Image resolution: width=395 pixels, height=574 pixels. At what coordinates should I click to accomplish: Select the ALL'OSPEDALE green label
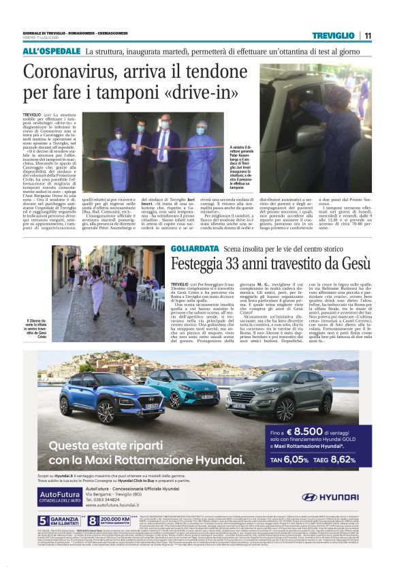(50, 52)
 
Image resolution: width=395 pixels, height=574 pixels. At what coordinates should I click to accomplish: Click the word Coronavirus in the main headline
(81, 72)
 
